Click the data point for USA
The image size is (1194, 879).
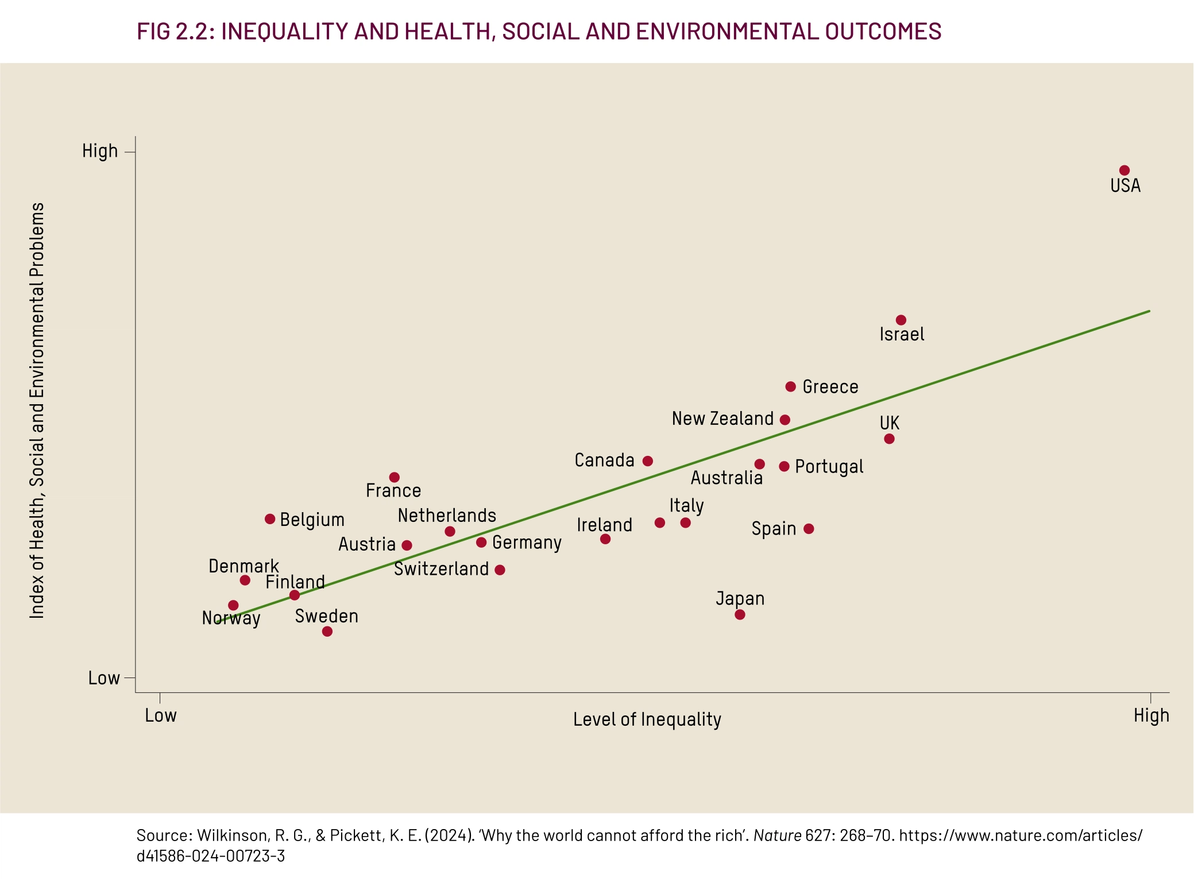pos(1125,171)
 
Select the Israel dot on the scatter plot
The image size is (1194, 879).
pos(901,320)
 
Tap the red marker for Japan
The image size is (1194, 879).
pos(740,615)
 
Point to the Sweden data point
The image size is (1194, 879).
pos(327,632)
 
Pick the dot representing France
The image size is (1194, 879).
pos(394,477)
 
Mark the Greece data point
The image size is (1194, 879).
pos(791,386)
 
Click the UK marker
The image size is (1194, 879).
pos(889,439)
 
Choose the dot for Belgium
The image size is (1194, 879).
pos(270,519)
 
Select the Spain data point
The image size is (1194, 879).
pos(809,529)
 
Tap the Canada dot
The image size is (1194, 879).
pos(648,461)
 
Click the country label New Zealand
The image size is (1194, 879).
pos(722,419)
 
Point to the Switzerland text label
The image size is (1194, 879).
pos(441,569)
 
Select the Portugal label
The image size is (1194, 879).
pos(829,467)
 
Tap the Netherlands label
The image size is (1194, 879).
pos(447,516)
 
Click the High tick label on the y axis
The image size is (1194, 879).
pos(100,151)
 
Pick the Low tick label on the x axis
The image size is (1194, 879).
pos(161,715)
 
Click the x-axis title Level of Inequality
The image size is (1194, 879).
pos(647,719)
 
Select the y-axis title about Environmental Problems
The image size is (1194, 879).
pos(37,411)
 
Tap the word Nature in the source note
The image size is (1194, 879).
pos(778,835)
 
